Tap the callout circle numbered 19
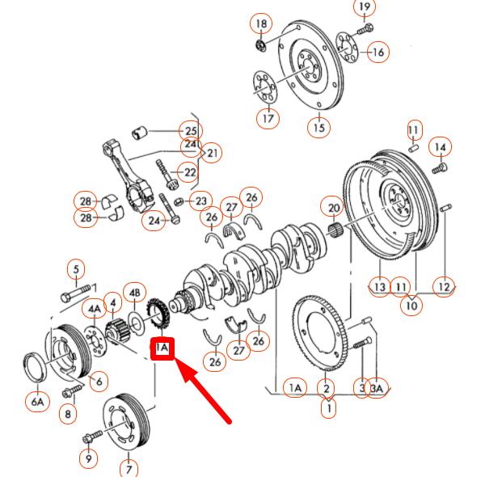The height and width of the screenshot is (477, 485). pos(365,8)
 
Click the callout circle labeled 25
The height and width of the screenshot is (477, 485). pos(190,131)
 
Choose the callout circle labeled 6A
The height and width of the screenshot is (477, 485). pos(37,399)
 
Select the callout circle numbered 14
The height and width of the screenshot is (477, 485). pos(441,147)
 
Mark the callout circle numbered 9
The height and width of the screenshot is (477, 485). pos(87,459)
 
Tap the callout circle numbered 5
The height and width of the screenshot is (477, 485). pos(76,269)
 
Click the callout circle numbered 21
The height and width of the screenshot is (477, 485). pos(213,153)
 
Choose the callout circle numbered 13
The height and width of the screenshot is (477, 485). pos(380,285)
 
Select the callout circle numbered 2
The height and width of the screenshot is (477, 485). pos(327,389)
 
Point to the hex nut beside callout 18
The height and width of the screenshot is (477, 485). pos(261,43)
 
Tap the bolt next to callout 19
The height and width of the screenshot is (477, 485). pos(365,29)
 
